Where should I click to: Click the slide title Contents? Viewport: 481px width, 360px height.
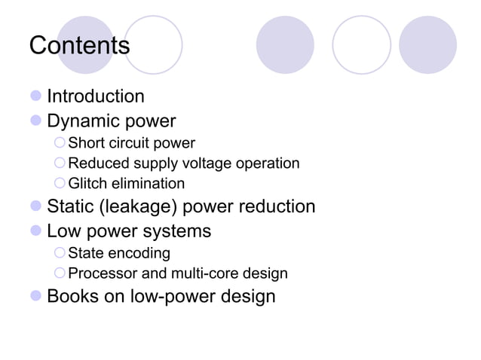coord(79,45)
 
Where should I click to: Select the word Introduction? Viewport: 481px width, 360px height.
coord(96,96)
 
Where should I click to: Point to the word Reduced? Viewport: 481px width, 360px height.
coord(97,163)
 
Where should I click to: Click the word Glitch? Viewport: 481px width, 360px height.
coord(86,184)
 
